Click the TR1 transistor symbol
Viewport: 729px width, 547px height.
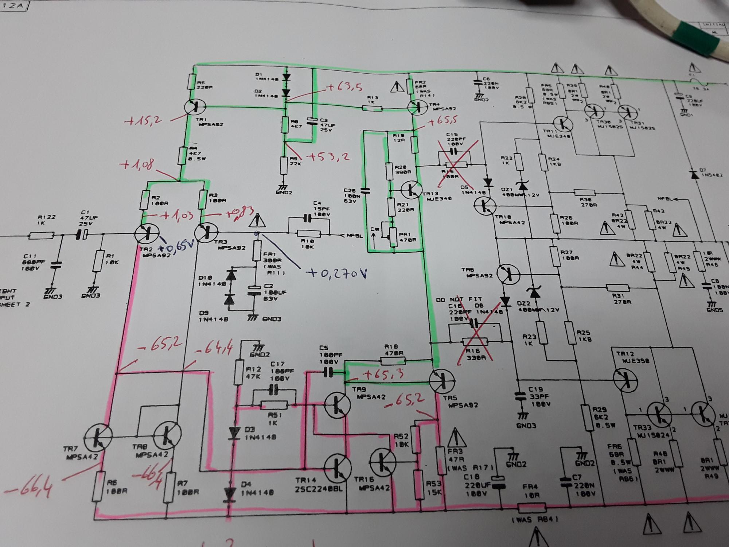(x=195, y=107)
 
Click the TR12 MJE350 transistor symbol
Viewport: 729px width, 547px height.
(x=625, y=379)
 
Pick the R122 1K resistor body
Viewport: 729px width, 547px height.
(x=42, y=236)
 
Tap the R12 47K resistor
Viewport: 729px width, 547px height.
(x=239, y=372)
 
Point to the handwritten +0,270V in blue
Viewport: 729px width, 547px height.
(x=337, y=273)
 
